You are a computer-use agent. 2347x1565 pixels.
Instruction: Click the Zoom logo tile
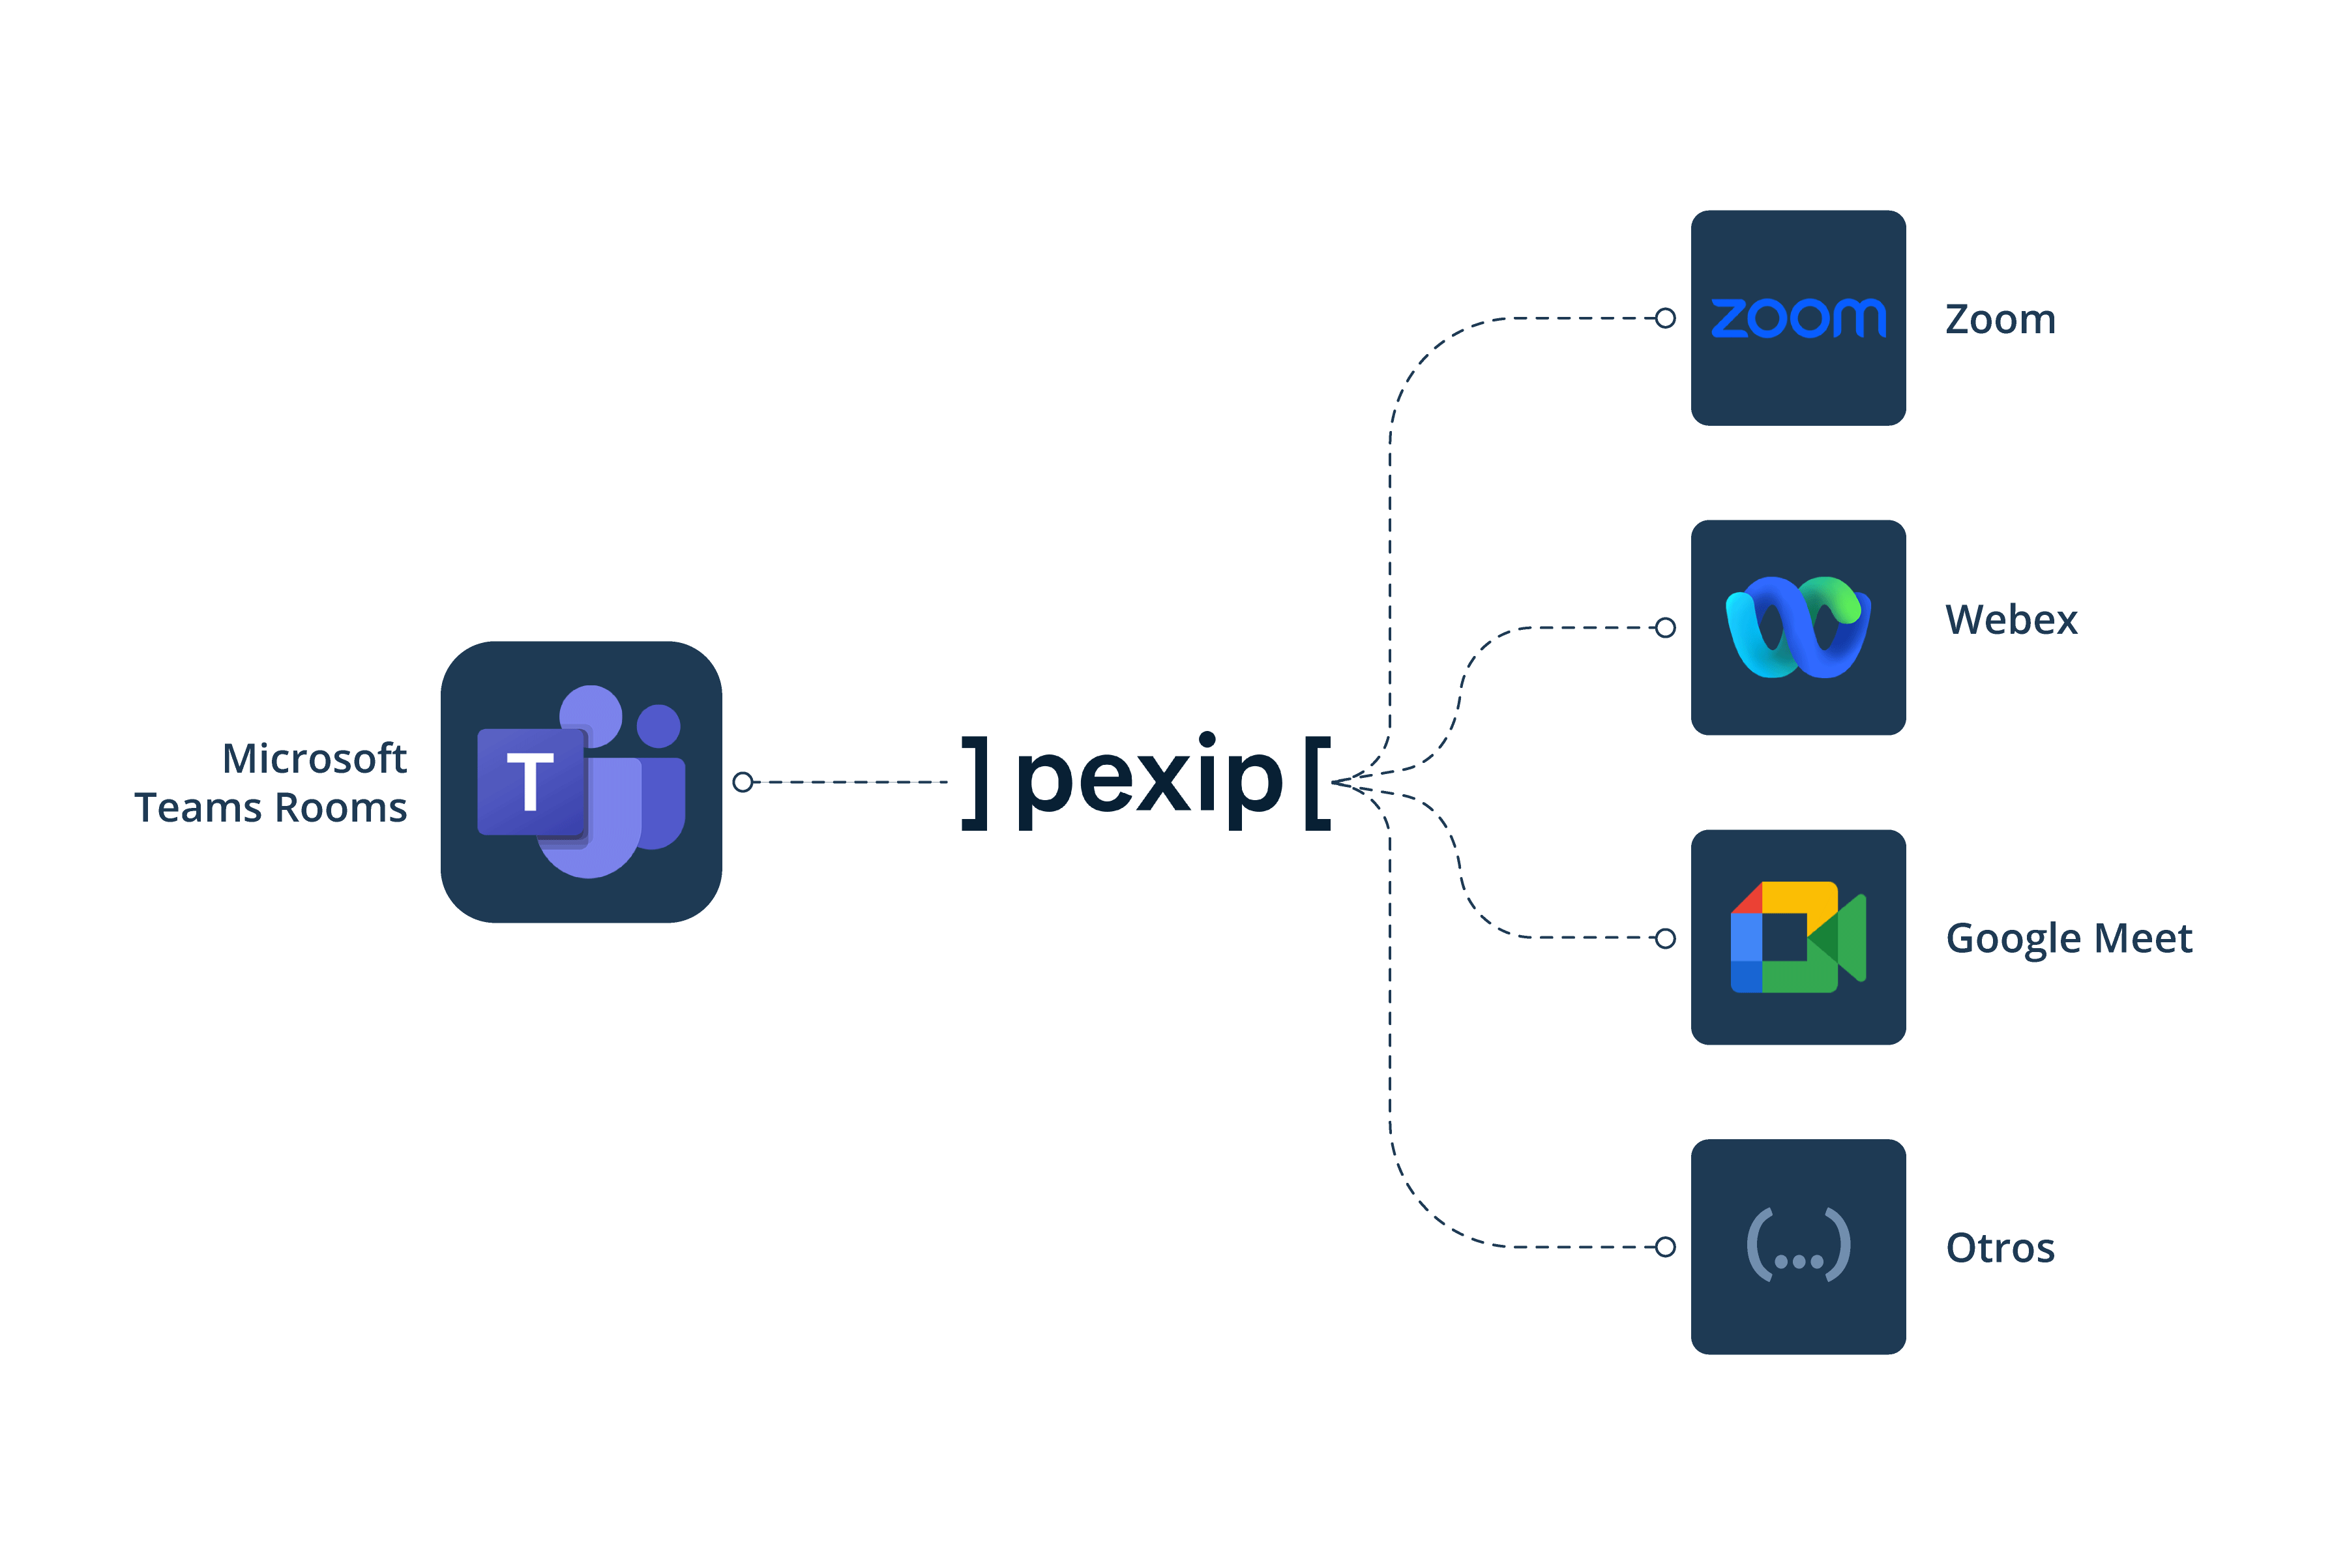[x=1798, y=318]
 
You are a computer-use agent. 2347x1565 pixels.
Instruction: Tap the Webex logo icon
[x=1798, y=627]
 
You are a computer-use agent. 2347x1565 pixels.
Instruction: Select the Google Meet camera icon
[x=1798, y=936]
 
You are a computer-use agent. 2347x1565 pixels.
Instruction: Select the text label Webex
[x=2011, y=620]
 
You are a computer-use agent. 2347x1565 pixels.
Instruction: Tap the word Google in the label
[x=2013, y=939]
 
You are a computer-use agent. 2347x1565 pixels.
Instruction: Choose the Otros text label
[x=2000, y=1247]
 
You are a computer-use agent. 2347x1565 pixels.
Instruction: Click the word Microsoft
[x=314, y=758]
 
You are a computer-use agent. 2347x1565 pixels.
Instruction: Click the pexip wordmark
[x=1147, y=781]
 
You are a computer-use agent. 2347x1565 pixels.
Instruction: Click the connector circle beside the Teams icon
[x=743, y=781]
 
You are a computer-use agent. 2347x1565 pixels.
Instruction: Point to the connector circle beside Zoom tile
[x=1664, y=318]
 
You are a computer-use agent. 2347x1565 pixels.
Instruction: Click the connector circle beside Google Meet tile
[x=1664, y=938]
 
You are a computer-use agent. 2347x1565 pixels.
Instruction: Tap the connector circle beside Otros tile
[x=1664, y=1247]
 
